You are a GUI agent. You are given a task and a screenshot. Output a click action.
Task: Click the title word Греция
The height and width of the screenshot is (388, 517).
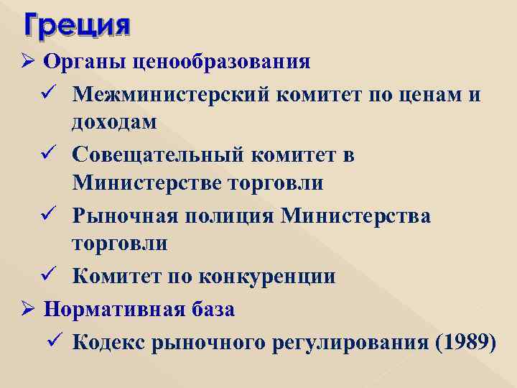coord(78,27)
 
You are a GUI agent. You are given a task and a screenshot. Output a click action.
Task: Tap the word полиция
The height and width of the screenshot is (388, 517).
coord(233,216)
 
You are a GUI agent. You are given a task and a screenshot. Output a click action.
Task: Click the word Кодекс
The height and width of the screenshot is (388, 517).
coord(108,343)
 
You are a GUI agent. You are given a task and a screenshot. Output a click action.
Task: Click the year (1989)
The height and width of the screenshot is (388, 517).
coord(465,343)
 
